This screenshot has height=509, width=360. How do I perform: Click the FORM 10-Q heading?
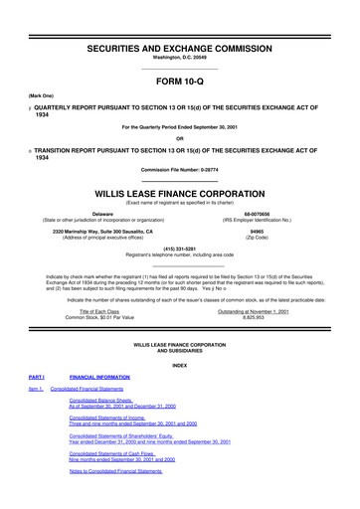(x=179, y=84)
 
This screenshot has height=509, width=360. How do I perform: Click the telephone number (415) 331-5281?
(x=179, y=251)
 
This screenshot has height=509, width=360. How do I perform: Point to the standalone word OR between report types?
(x=179, y=138)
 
